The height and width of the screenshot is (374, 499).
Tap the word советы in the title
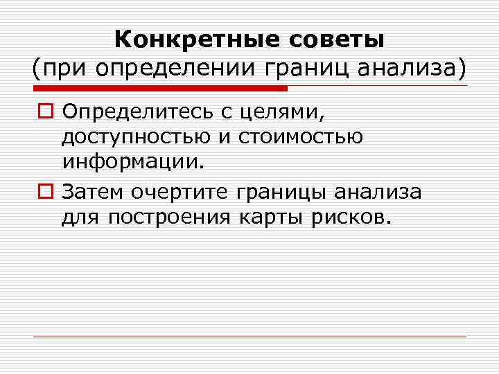click(335, 39)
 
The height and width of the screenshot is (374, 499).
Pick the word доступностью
click(137, 137)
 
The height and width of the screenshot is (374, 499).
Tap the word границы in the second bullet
click(290, 190)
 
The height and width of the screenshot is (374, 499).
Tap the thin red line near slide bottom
click(249, 337)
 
